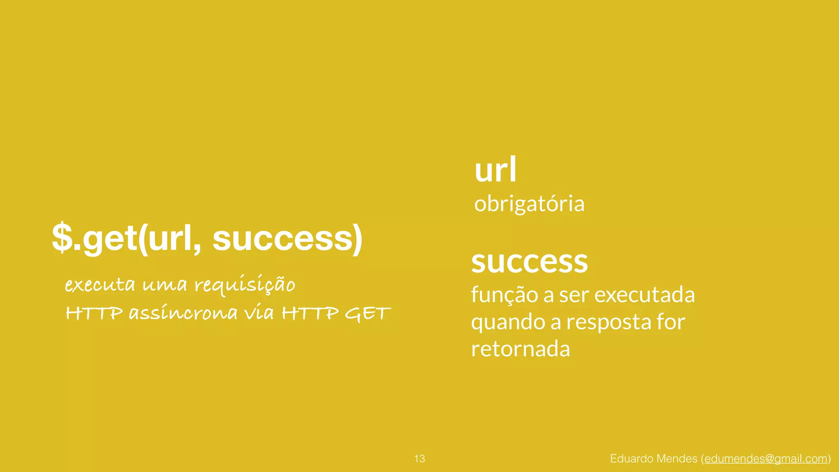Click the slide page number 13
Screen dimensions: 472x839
[x=419, y=458]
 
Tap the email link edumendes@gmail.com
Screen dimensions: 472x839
[x=766, y=458]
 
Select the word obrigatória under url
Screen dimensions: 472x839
[x=529, y=204]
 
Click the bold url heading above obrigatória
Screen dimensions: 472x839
[x=496, y=170]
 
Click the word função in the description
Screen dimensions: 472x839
[x=504, y=295]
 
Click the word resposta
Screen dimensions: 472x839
[x=609, y=322]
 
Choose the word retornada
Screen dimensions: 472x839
[x=520, y=349]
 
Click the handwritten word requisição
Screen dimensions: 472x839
[x=245, y=285]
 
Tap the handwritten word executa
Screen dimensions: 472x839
[x=100, y=284]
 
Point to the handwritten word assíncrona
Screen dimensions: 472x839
[x=183, y=313]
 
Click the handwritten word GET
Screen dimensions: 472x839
[x=367, y=314]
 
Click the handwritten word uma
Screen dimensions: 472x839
[x=165, y=285]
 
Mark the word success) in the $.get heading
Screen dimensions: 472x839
[x=287, y=238]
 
